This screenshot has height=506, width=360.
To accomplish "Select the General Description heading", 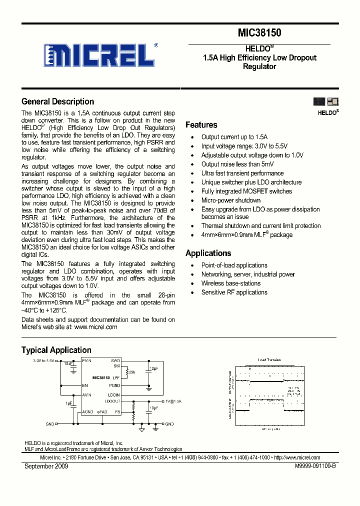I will pyautogui.click(x=57, y=101).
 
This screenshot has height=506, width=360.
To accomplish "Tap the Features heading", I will pyautogui.click(x=201, y=125).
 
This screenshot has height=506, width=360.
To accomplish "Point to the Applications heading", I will pyautogui.click(x=208, y=253).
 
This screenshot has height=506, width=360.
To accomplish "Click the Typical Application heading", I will pyautogui.click(x=56, y=350).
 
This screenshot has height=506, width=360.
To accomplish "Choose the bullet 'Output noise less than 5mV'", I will pyautogui.click(x=237, y=164).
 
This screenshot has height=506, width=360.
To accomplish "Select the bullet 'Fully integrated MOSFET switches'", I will pyautogui.click(x=246, y=191).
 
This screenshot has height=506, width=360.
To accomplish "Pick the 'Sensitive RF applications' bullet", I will pyautogui.click(x=234, y=292).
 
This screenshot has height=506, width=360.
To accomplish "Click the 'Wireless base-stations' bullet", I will pyautogui.click(x=230, y=283).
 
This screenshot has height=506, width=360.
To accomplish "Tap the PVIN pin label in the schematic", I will pyautogui.click(x=87, y=360).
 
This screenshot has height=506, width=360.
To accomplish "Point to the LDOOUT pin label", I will pyautogui.click(x=112, y=401).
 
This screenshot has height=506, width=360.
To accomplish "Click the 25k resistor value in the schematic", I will pyautogui.click(x=132, y=372).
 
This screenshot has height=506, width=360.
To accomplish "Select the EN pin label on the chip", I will pyautogui.click(x=85, y=385).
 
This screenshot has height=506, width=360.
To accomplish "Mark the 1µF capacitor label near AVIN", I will pyautogui.click(x=68, y=402).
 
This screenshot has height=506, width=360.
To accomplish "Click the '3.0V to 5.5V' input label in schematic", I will pyautogui.click(x=44, y=360).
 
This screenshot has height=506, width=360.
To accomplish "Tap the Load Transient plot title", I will pyautogui.click(x=269, y=360).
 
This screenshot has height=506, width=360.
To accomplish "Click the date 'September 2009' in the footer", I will pyautogui.click(x=46, y=466).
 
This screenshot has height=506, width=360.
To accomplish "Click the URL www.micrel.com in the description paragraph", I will pyautogui.click(x=95, y=327).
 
